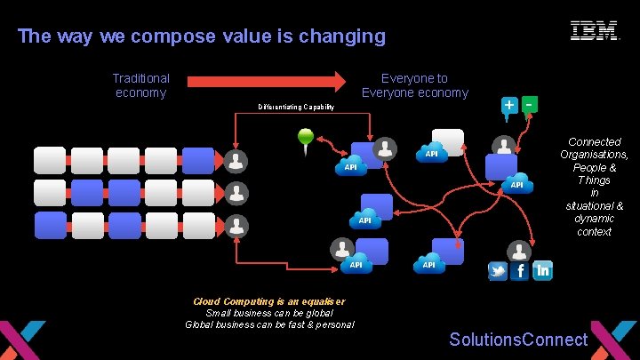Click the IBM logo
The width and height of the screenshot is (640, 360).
[x=594, y=31]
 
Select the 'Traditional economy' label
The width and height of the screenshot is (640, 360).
[x=140, y=85]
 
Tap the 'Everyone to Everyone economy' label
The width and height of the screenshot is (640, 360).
[x=415, y=85]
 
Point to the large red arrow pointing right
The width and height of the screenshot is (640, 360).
[x=266, y=82]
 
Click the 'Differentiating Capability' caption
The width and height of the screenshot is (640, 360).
[x=296, y=108]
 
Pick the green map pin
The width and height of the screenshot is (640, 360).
[x=307, y=139]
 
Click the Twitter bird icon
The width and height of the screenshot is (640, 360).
[x=498, y=271]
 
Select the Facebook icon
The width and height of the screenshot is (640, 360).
[x=520, y=271]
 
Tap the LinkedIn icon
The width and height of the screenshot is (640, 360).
[x=542, y=271]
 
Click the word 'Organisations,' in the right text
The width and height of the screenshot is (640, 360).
[x=594, y=155]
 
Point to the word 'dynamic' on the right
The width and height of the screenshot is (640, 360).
[x=594, y=219]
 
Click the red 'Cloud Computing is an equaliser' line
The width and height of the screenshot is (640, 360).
[x=269, y=301]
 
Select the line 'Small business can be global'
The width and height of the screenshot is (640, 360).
[x=269, y=313]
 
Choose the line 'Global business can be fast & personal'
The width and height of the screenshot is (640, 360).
[x=269, y=324]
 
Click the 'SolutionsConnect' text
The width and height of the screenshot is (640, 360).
[x=518, y=340]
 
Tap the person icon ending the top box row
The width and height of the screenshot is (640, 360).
[x=236, y=161]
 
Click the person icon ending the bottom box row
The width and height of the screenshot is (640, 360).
[x=236, y=227]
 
